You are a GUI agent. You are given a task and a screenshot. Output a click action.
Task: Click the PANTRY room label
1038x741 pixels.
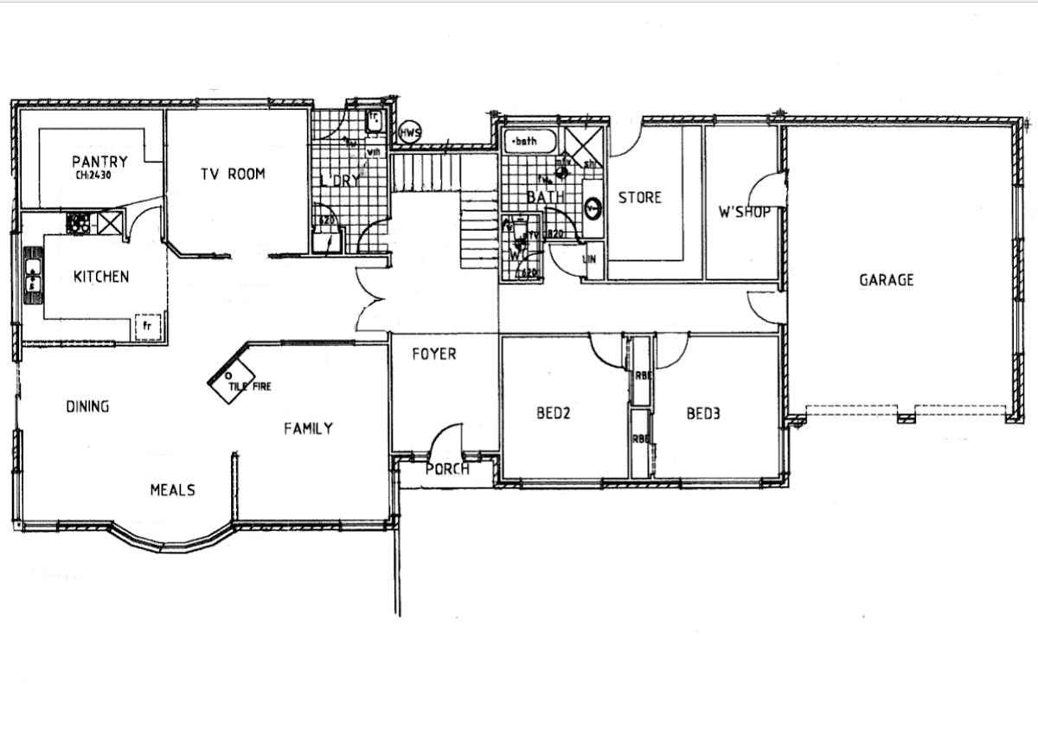pyautogui.click(x=99, y=161)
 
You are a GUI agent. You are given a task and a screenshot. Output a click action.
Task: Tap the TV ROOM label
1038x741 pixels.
pyautogui.click(x=233, y=174)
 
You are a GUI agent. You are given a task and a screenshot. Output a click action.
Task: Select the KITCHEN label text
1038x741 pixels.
pyautogui.click(x=101, y=277)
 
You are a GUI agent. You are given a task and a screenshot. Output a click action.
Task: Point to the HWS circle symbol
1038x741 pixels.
pyautogui.click(x=409, y=133)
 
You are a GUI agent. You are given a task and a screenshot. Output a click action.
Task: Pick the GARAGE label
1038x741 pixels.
pyautogui.click(x=886, y=279)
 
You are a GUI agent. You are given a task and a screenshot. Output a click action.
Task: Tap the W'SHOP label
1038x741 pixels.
pyautogui.click(x=744, y=211)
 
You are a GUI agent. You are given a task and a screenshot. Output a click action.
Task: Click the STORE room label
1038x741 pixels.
pyautogui.click(x=639, y=197)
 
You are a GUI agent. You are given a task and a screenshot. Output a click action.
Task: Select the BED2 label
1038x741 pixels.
pyautogui.click(x=554, y=413)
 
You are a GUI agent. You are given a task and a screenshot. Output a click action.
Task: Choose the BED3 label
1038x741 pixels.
pyautogui.click(x=703, y=413)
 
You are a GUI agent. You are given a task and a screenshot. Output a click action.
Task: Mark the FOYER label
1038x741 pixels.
pyautogui.click(x=433, y=354)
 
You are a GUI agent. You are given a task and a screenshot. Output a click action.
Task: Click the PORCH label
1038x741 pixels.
pyautogui.click(x=447, y=469)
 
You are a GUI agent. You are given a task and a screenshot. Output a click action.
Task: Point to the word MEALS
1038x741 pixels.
pyautogui.click(x=172, y=489)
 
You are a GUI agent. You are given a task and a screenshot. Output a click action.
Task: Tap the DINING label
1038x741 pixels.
pyautogui.click(x=87, y=406)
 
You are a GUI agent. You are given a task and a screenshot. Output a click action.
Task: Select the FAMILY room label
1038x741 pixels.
pyautogui.click(x=308, y=428)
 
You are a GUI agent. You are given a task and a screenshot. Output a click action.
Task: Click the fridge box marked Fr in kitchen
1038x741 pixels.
pyautogui.click(x=147, y=327)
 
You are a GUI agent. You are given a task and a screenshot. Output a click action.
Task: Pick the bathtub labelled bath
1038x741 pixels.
pyautogui.click(x=530, y=141)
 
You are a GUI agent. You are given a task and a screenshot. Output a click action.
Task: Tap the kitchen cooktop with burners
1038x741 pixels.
pyautogui.click(x=79, y=223)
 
